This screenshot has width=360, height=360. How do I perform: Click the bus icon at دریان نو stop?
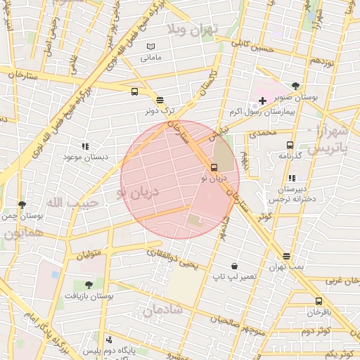pyautogui.click(x=214, y=167)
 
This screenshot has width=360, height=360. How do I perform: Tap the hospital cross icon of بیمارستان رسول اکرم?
pyautogui.click(x=263, y=101)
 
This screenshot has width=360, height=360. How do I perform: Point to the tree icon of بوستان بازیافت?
pyautogui.click(x=88, y=285)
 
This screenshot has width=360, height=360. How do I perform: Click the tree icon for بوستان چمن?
pyautogui.click(x=22, y=205)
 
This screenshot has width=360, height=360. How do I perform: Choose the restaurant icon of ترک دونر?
pyautogui.click(x=160, y=101)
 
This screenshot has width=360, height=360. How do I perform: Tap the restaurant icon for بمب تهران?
pyautogui.click(x=285, y=257)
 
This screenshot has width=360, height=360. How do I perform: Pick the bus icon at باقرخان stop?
pyautogui.click(x=319, y=301)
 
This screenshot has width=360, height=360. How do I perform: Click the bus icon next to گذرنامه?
pyautogui.click(x=289, y=146)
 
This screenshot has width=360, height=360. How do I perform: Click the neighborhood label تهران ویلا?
pyautogui.click(x=193, y=28)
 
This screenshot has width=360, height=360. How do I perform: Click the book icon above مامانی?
pyautogui.click(x=150, y=46)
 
